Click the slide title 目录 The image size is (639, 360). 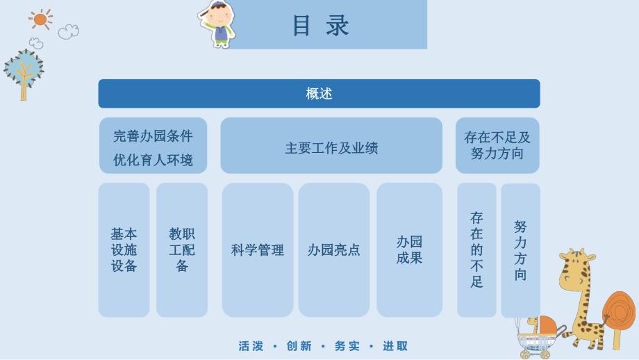320,26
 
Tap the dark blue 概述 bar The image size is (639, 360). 319,94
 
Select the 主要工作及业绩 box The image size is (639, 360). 331,147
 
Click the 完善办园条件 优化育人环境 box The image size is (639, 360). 153,147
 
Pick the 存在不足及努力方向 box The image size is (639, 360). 497,146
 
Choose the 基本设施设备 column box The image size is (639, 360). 124,249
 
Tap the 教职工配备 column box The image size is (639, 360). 182,249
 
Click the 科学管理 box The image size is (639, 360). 258,249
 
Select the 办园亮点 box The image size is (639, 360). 334,249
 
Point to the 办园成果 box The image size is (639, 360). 409,249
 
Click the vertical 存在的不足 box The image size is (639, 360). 476,249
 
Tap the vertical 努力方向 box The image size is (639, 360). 520,250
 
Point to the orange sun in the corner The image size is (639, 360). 41,19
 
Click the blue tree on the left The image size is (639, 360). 24,72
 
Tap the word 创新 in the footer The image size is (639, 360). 299,346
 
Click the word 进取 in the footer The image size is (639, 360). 395,346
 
